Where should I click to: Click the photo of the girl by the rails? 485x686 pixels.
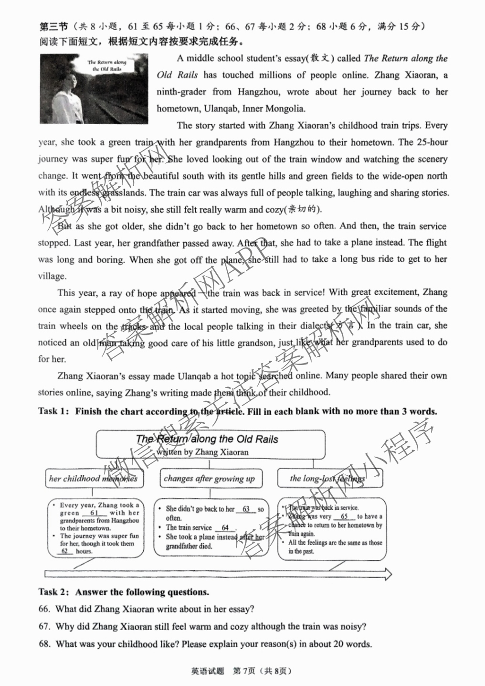point(94,89)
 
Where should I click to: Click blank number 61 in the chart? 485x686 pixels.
point(95,513)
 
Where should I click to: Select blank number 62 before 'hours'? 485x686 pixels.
point(65,551)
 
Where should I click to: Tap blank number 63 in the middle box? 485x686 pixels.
point(246,509)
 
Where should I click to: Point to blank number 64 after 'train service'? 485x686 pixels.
point(225,528)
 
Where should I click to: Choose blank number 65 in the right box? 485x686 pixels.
point(344,517)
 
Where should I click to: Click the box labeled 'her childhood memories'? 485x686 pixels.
point(94,479)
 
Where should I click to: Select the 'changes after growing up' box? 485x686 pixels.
point(210,479)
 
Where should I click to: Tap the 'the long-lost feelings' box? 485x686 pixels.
point(328,479)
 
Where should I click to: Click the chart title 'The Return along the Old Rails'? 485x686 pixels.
point(207,439)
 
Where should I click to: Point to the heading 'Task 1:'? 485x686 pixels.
point(54,411)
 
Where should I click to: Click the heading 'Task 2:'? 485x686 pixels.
point(54,592)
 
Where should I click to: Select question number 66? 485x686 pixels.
point(44,610)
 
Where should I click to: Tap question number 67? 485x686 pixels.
point(44,627)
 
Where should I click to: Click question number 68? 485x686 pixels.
point(44,644)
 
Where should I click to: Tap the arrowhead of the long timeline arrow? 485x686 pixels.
point(388,573)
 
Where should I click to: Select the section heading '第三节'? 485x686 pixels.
point(53,26)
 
